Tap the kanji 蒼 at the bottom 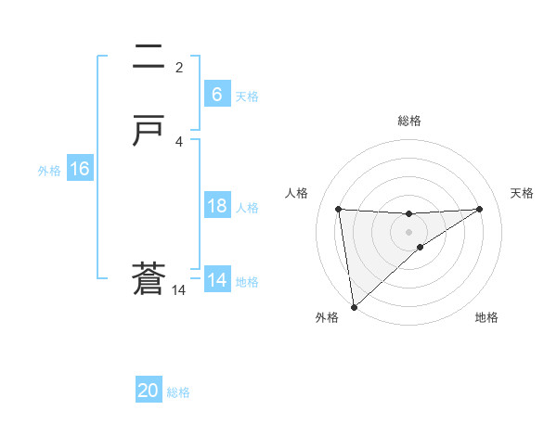pyautogui.click(x=148, y=279)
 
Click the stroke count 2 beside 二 pyautogui.click(x=179, y=68)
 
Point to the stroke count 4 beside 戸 pyautogui.click(x=179, y=141)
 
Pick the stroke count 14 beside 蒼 pyautogui.click(x=178, y=290)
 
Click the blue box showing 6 pyautogui.click(x=216, y=95)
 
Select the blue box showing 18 pyautogui.click(x=216, y=207)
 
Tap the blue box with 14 pyautogui.click(x=216, y=280)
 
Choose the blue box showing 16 pyautogui.click(x=79, y=170)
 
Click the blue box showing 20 pyautogui.click(x=149, y=391)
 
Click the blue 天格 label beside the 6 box pyautogui.click(x=247, y=96)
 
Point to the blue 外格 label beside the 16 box pyautogui.click(x=49, y=171)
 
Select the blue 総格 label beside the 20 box pyautogui.click(x=178, y=392)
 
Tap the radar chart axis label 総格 pyautogui.click(x=408, y=121)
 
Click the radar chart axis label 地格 pyautogui.click(x=486, y=318)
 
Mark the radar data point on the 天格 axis pyautogui.click(x=480, y=209)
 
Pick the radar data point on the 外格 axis pyautogui.click(x=353, y=307)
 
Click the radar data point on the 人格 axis pyautogui.click(x=338, y=209)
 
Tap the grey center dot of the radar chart pyautogui.click(x=408, y=231)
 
